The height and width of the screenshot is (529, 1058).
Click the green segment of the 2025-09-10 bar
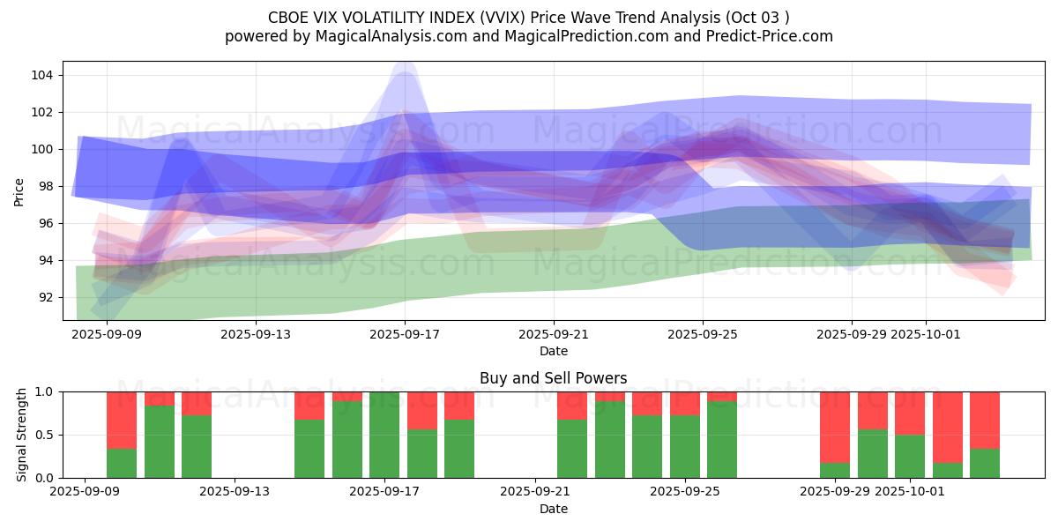[x=122, y=463]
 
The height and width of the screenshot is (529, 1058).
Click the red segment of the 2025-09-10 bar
[x=122, y=420]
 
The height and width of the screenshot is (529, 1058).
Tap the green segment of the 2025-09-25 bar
[x=685, y=446]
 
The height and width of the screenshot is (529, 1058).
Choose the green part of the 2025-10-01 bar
[x=910, y=456]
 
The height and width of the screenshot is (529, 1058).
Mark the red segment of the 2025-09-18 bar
[x=422, y=410]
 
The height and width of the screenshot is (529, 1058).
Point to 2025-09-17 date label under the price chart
[x=405, y=334]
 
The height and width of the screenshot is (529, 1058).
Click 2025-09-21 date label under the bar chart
[x=536, y=492]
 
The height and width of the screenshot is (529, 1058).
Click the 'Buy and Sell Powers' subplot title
[x=553, y=378]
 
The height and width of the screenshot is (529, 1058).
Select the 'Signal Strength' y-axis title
[x=23, y=435]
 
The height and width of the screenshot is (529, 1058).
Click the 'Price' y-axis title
[x=19, y=190]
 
